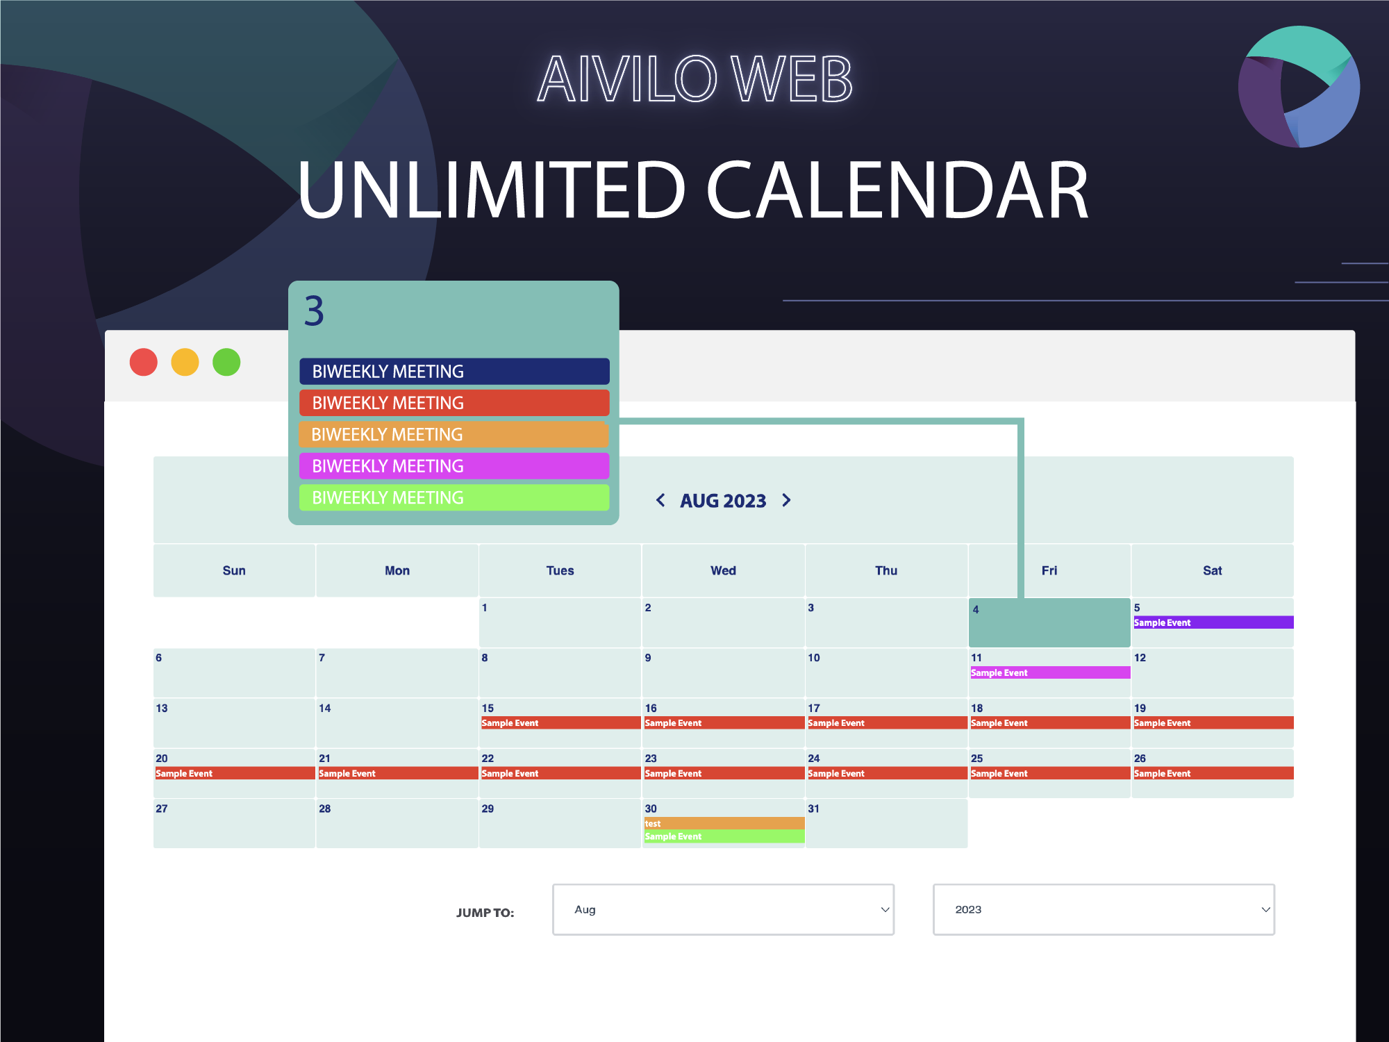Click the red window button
[x=144, y=362]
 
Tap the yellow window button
[x=185, y=362]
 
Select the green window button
[x=226, y=362]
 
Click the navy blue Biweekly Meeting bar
[x=454, y=372]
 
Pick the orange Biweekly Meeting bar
[x=454, y=435]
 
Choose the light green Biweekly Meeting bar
[x=454, y=497]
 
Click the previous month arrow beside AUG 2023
[x=660, y=500]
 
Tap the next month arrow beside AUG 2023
[x=786, y=500]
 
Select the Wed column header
[x=723, y=570]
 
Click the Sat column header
[x=1212, y=570]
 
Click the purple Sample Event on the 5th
[x=1213, y=622]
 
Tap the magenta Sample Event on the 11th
[x=1049, y=672]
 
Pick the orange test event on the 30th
[x=723, y=823]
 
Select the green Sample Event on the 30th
[x=723, y=836]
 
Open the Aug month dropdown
[x=723, y=909]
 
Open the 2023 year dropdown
[x=1104, y=909]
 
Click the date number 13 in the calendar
[x=162, y=708]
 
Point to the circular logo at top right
[x=1298, y=87]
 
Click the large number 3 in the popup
[x=314, y=311]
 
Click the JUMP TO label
[x=485, y=913]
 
